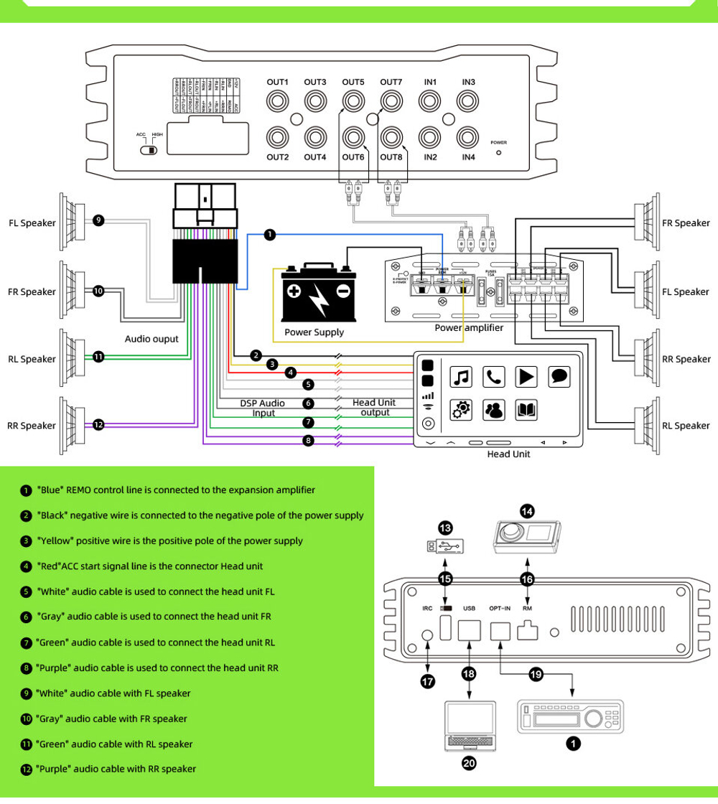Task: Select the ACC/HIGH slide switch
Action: point(150,150)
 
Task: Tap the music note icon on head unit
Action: point(461,376)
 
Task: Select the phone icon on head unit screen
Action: point(494,376)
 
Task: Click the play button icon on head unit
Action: point(527,376)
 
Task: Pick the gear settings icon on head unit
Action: point(461,410)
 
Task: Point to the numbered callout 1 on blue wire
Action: point(269,234)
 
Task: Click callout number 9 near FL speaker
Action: point(98,220)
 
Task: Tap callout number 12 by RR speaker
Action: point(98,426)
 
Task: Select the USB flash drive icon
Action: point(445,547)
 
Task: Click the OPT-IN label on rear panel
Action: point(500,608)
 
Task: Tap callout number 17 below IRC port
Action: point(428,682)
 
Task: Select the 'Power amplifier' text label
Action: point(469,328)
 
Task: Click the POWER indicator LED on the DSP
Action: point(499,153)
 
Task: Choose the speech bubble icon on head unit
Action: point(559,376)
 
